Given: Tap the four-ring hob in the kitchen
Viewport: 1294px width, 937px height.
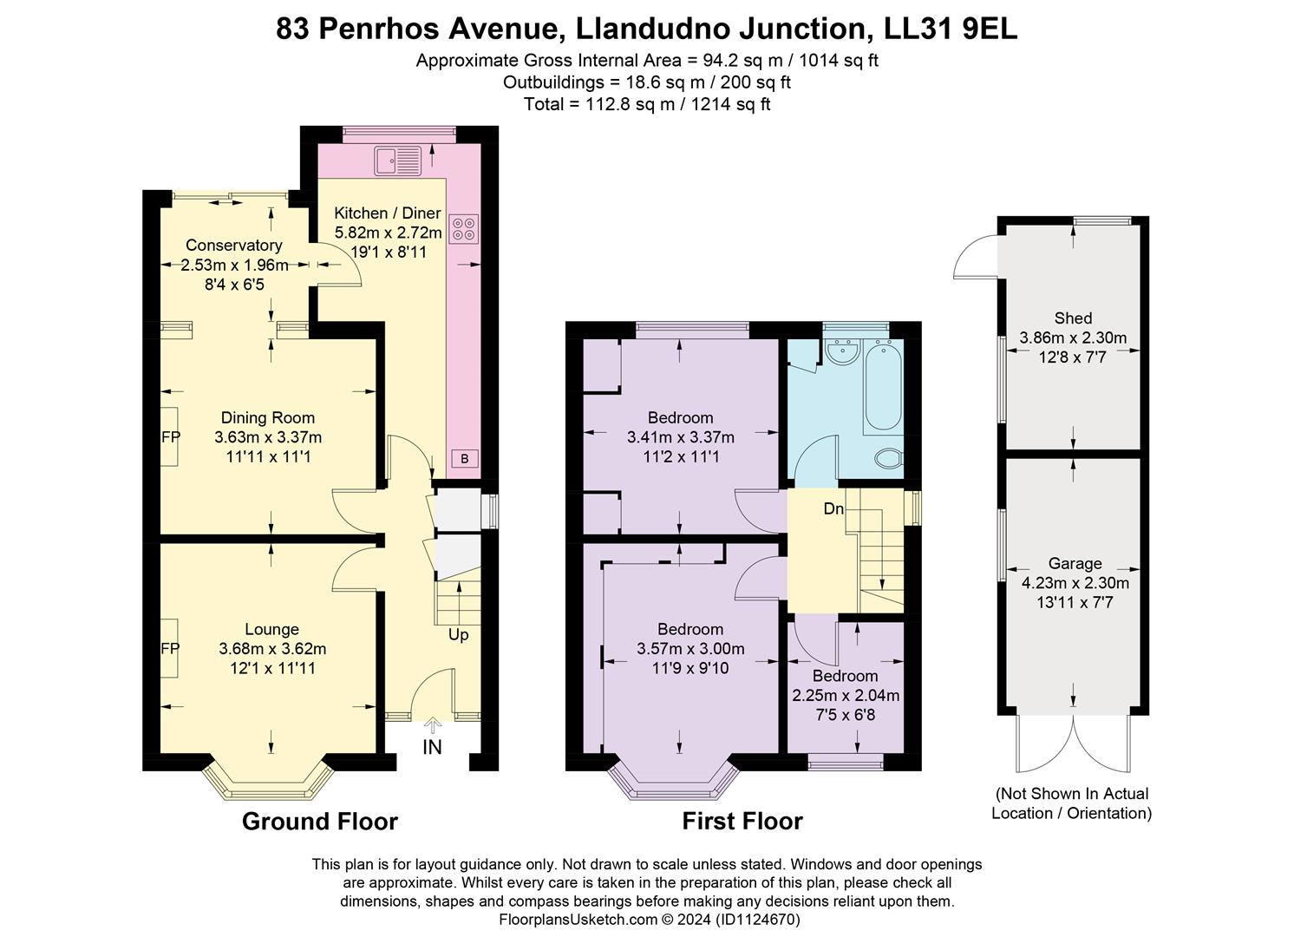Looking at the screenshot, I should click(x=464, y=227).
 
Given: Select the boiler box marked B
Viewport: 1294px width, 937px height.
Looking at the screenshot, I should click(x=465, y=458).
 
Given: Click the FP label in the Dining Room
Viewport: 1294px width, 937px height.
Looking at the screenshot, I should click(x=171, y=437).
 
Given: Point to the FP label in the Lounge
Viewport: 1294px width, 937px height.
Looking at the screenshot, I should click(x=171, y=649).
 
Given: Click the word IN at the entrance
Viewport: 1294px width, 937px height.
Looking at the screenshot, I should click(x=432, y=747).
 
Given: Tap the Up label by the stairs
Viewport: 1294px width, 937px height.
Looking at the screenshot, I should click(x=458, y=635).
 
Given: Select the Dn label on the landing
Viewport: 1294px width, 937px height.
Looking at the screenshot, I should click(x=833, y=508).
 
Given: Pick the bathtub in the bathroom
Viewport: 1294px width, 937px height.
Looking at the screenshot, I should click(x=882, y=386).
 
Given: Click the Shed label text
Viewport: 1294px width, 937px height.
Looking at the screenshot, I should click(x=1073, y=318).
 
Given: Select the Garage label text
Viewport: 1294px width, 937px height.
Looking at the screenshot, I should click(x=1075, y=564).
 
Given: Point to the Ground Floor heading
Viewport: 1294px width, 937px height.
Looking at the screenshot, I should click(x=319, y=822).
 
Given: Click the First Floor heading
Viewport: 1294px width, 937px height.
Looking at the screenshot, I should click(x=742, y=822).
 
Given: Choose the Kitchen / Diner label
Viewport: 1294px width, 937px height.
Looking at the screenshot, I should click(x=388, y=213).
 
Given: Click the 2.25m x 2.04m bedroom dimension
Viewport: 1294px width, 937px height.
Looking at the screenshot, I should click(x=846, y=696).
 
